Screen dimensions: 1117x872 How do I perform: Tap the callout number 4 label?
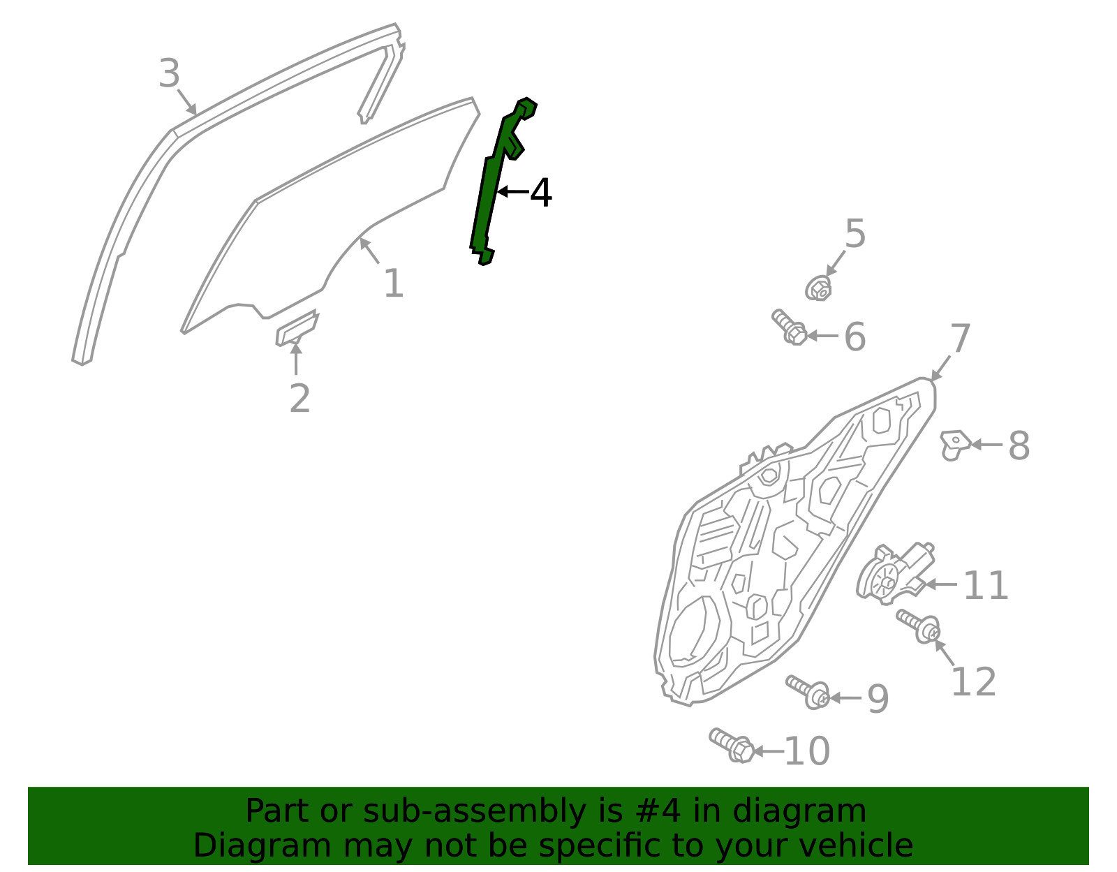[x=541, y=193]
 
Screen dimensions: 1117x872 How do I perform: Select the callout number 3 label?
[x=169, y=73]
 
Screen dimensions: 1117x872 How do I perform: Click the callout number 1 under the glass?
[x=394, y=283]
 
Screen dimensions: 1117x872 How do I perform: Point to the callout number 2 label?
[x=299, y=398]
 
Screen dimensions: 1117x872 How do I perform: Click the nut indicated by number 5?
[x=818, y=288]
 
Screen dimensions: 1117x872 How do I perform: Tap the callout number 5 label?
[x=855, y=233]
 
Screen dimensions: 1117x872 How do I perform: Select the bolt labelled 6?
[x=789, y=327]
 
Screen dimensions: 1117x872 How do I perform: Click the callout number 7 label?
[x=960, y=338]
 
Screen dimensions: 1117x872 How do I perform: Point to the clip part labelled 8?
[x=954, y=445]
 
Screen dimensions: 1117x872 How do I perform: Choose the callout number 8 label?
[x=1019, y=445]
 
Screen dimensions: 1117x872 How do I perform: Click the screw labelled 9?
[x=808, y=692]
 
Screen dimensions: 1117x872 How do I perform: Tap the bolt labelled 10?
[x=732, y=745]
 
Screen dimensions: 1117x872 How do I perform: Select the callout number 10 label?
[x=807, y=751]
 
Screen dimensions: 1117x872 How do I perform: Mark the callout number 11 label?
[x=986, y=585]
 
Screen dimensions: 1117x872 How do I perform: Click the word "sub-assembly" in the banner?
[x=475, y=811]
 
